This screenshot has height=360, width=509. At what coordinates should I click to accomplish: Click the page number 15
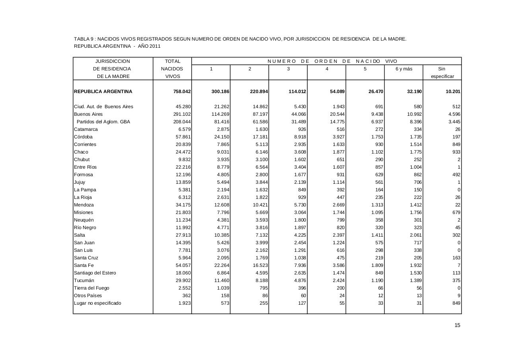click(x=457, y=325)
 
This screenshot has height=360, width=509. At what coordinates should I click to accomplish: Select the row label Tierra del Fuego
click(x=91, y=288)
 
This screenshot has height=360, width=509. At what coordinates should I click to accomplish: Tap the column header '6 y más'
click(x=404, y=69)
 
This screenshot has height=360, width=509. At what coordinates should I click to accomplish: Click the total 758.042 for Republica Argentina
click(x=182, y=91)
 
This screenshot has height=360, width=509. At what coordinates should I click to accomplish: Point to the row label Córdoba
click(x=83, y=137)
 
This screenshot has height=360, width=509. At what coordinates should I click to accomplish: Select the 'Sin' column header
click(x=442, y=69)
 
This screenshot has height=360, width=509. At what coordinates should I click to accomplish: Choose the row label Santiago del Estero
click(x=95, y=273)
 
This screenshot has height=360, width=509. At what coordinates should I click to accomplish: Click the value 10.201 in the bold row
click(x=453, y=91)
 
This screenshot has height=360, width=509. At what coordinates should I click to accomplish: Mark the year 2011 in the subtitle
click(x=155, y=46)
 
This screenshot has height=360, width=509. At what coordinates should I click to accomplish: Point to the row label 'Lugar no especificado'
click(x=98, y=303)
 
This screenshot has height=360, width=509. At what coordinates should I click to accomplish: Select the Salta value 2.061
click(x=415, y=235)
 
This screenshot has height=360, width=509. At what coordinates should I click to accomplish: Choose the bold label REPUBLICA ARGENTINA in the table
click(x=103, y=91)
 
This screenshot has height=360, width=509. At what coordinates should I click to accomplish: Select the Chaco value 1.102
click(x=377, y=152)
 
